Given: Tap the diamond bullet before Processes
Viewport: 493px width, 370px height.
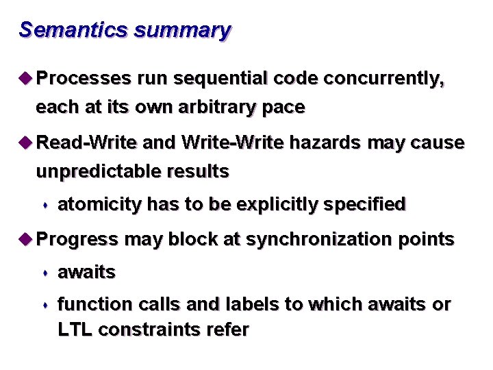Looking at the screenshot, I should point(26,79).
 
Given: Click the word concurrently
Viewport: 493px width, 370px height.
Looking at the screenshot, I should point(383,79).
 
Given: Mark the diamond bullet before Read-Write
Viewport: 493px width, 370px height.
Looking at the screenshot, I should point(26,143).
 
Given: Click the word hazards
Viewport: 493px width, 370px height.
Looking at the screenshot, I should point(325,143).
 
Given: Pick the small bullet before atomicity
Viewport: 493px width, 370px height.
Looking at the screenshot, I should point(45,205).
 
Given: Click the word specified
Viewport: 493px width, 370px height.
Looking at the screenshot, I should point(369,204).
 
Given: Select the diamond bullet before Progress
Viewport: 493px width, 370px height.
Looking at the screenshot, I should point(26,239).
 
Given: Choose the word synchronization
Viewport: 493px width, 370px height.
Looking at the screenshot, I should point(315,239).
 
